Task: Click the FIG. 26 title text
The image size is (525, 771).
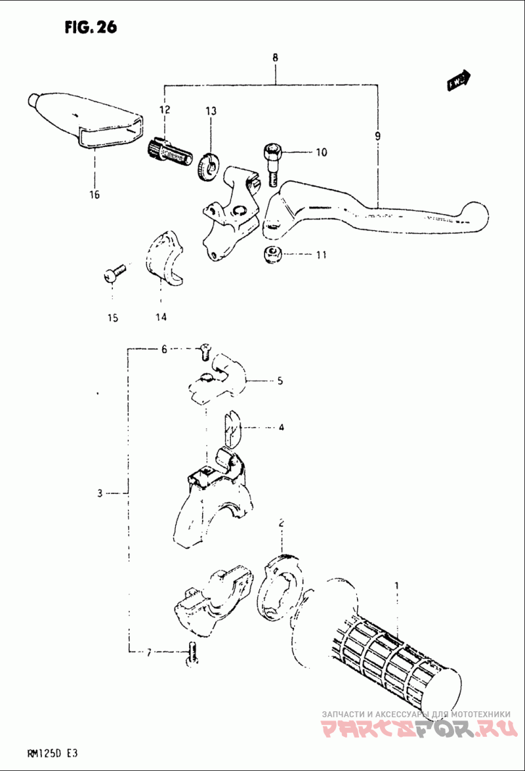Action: coord(91,27)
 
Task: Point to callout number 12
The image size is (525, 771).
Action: coord(164,109)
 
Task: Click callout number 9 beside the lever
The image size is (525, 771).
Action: coord(377,136)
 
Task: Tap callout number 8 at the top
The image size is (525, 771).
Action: coord(275,58)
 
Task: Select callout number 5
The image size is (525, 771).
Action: coord(280,380)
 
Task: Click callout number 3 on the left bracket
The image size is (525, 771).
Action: coord(100,493)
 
